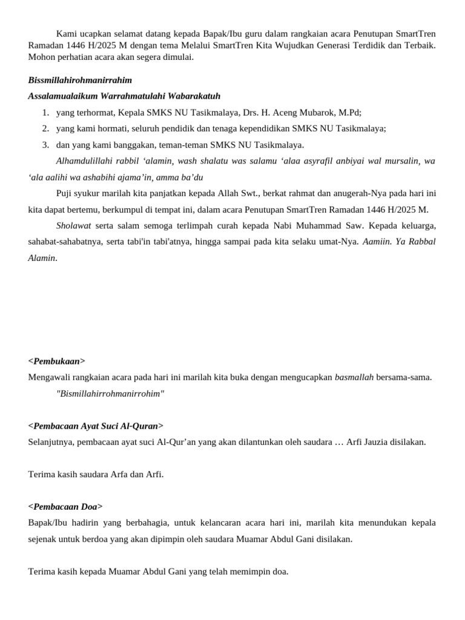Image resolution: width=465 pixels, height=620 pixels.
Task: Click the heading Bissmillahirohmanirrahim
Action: [x=80, y=81]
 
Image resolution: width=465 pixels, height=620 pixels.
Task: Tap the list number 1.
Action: [x=45, y=113]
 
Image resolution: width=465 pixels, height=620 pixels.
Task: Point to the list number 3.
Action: [x=45, y=145]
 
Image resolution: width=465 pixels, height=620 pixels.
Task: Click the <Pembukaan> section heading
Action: [x=57, y=361]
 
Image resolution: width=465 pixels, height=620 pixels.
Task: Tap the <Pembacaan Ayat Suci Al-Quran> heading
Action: [x=96, y=426]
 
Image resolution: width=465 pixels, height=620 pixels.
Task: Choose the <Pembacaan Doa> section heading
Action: [x=65, y=506]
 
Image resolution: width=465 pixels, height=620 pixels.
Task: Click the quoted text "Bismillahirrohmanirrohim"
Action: [x=110, y=394]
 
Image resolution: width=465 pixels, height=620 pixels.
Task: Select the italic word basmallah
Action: [x=354, y=377]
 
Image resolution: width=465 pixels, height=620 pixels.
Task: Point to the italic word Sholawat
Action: [x=74, y=226]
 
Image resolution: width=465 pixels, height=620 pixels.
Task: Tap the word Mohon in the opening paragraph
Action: [x=41, y=58]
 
